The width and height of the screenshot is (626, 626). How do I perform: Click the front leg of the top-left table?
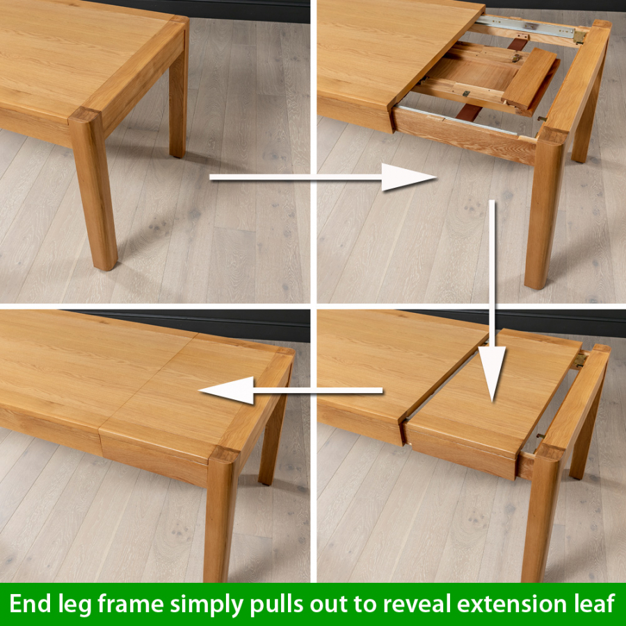pyautogui.click(x=95, y=195)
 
